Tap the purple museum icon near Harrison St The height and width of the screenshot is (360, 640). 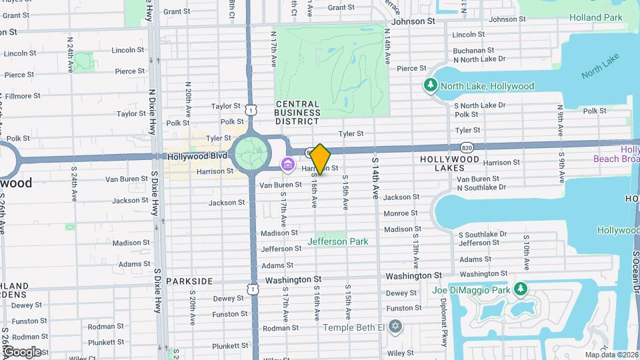coord(288,164)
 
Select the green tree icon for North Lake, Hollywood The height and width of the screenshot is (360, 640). coord(431,85)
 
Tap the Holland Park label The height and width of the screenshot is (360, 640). coord(596,18)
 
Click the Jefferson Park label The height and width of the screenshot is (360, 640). coord(337,241)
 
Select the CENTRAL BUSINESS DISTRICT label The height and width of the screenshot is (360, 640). coord(297,113)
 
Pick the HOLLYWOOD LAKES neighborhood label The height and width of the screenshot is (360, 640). coord(449,164)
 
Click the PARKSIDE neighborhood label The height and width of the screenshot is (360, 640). coord(189,281)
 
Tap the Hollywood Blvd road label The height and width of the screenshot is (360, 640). coord(197,155)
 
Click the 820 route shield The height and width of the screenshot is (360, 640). coord(466,146)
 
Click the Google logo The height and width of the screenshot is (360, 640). coord(22,352)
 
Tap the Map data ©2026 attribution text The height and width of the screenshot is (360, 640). coord(611,355)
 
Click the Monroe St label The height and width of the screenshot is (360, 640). coord(401,213)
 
